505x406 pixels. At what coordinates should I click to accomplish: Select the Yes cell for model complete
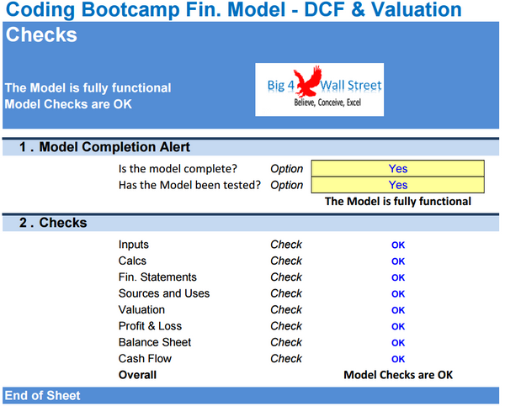397,168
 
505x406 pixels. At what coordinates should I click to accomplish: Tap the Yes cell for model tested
397,185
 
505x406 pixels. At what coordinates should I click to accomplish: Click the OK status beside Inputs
398,245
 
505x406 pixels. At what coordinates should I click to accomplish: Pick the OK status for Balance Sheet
398,343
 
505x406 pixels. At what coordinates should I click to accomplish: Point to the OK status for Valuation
398,310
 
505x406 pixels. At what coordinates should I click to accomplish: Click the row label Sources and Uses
164,293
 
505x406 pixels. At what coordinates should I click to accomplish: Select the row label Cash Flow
145,359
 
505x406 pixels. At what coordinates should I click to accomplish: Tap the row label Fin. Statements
157,277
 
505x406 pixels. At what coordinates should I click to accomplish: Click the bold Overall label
138,375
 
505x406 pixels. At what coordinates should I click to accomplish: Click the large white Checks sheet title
41,35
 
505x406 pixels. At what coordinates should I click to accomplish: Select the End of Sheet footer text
42,395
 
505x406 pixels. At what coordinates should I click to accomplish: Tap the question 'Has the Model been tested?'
189,185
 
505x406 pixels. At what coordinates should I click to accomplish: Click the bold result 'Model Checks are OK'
398,375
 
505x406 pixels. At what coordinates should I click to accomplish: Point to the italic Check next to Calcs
286,261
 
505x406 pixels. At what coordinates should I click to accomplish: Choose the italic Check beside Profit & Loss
286,326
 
